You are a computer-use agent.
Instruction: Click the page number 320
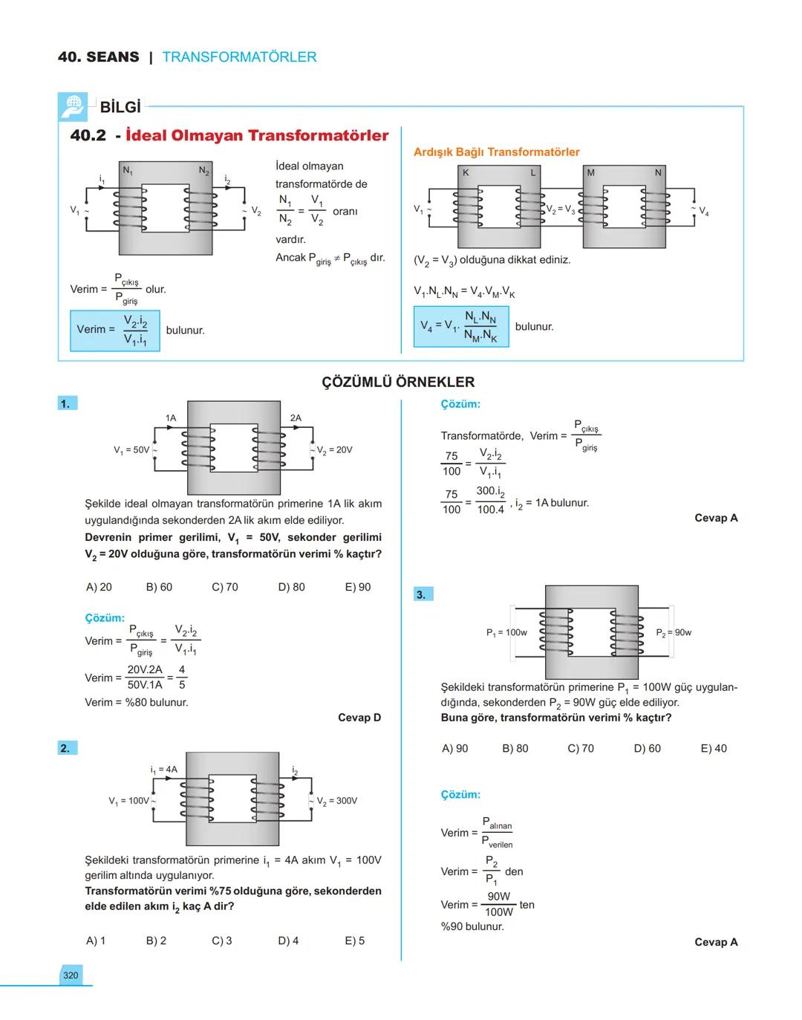point(71,975)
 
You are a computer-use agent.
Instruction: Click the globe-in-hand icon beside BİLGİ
point(72,107)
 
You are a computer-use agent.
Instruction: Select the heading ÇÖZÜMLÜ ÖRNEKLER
point(398,382)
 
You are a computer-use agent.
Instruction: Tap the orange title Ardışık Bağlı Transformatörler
point(496,152)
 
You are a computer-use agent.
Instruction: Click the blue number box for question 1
point(67,403)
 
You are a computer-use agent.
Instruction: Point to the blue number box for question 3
point(422,594)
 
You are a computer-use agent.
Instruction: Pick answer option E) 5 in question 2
point(354,941)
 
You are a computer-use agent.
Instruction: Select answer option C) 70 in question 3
point(580,748)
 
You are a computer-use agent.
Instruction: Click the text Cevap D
point(359,718)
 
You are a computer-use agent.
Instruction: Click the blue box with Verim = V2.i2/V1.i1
point(114,331)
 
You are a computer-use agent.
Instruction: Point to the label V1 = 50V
point(131,450)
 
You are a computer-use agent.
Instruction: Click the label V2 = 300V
point(336,801)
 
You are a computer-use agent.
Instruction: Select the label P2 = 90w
point(673,633)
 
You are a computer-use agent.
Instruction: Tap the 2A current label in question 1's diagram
point(296,418)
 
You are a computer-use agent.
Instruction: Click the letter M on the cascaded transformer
point(590,173)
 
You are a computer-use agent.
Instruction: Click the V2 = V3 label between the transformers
point(560,210)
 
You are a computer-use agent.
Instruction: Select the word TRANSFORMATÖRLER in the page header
point(239,57)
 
